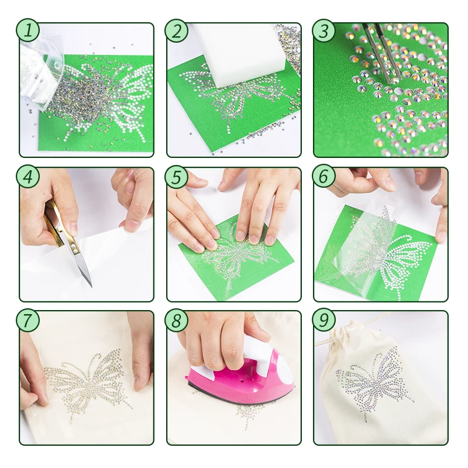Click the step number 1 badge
point(27,30)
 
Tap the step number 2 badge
point(177,30)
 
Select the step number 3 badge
point(324,30)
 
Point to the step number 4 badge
point(27,177)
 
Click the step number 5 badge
point(177,177)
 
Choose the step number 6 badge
point(324,177)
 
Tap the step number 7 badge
point(27,320)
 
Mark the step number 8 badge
point(177,320)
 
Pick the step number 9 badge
point(324,320)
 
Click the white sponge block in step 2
point(242,54)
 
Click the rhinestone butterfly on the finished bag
point(374,379)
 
